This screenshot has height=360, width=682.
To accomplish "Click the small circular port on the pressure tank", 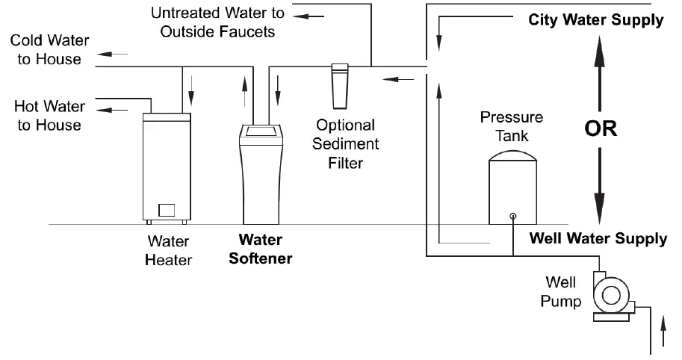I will (x=512, y=217).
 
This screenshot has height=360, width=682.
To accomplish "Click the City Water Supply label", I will (x=595, y=20).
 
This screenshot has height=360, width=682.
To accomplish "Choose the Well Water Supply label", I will (x=598, y=239).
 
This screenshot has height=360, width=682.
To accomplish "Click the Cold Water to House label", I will (x=49, y=50).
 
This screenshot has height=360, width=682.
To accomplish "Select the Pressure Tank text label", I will (x=512, y=126).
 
